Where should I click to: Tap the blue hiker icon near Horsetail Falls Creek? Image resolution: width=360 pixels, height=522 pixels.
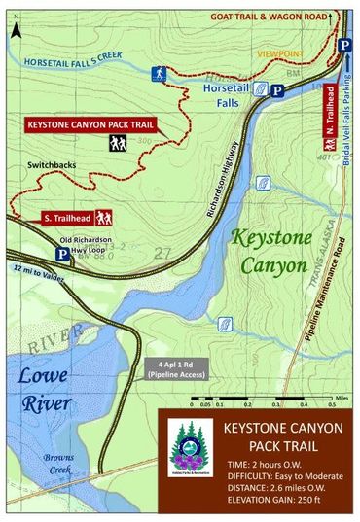[x=159, y=73]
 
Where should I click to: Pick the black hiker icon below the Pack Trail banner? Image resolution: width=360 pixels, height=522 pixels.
[x=118, y=144]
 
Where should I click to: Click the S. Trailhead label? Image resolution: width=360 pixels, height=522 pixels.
[x=65, y=217]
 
